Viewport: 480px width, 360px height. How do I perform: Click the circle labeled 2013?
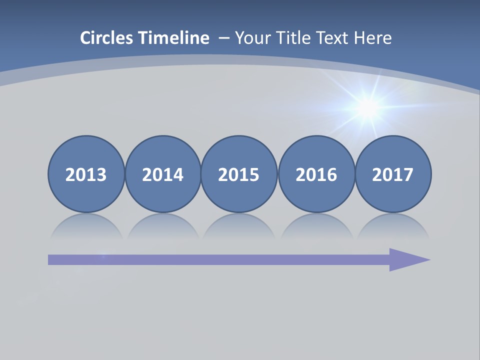tap(86, 174)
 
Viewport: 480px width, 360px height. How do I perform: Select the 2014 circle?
tap(162, 174)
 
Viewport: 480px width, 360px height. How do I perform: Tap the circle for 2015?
tap(239, 174)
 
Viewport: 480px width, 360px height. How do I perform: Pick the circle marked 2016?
tap(316, 174)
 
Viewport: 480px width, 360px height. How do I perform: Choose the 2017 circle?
tap(393, 174)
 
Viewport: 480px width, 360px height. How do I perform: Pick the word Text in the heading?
tap(332, 38)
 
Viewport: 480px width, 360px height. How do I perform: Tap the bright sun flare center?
tap(368, 106)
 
